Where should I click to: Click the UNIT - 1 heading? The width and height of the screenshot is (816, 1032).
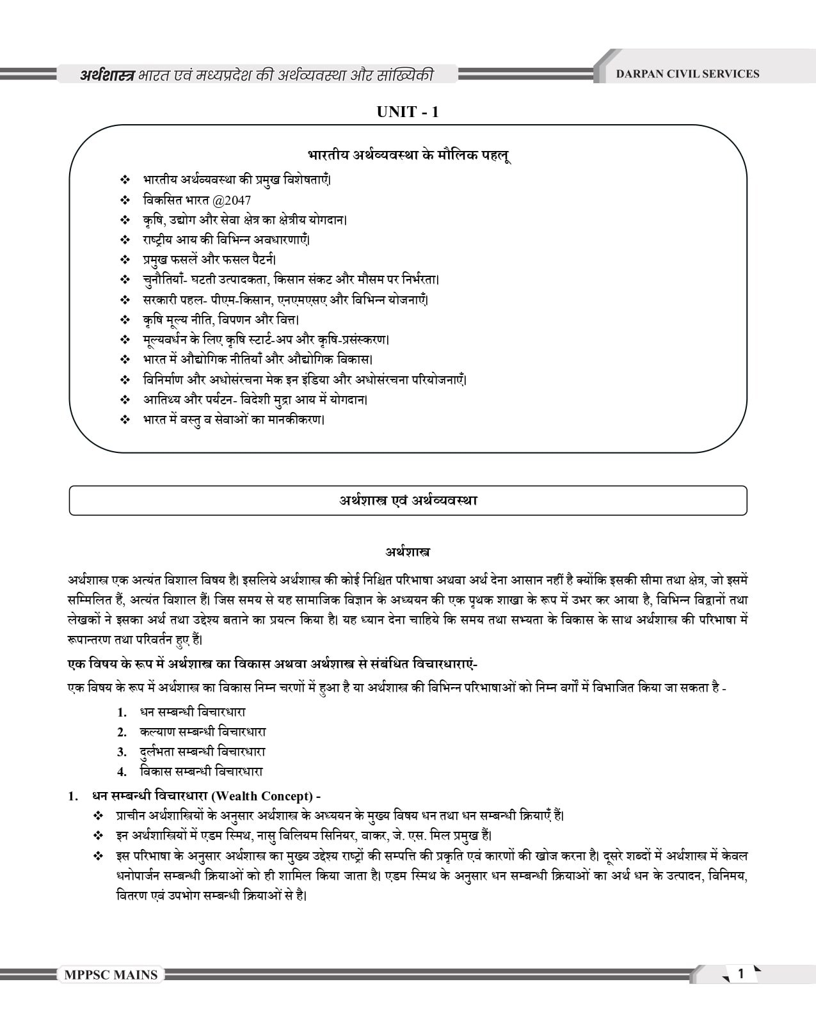(x=408, y=112)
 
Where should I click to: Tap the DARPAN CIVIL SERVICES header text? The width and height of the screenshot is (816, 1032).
(x=687, y=74)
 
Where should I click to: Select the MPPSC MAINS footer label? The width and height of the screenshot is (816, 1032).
(x=111, y=975)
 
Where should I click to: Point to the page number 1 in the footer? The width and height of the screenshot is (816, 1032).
(x=741, y=974)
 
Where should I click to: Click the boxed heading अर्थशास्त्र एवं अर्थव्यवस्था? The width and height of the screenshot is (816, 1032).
(x=408, y=500)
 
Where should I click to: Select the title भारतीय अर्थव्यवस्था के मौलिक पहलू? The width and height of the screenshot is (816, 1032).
(x=408, y=155)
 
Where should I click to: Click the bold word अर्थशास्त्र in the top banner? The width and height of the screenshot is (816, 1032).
(x=107, y=75)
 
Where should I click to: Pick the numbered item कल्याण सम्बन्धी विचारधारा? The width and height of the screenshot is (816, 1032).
(x=202, y=731)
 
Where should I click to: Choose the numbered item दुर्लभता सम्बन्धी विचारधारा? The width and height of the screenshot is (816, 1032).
(x=202, y=751)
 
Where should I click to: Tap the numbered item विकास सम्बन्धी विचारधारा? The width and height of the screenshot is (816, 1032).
(x=201, y=771)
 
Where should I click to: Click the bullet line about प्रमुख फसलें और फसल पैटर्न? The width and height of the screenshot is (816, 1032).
(x=209, y=260)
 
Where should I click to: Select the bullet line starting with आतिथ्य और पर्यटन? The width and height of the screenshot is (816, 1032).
(x=255, y=400)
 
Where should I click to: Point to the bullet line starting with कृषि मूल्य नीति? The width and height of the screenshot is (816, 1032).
(x=221, y=319)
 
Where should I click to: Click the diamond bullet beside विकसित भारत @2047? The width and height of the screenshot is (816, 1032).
(x=125, y=200)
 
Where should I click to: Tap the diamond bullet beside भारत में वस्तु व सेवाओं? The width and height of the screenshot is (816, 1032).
(x=125, y=420)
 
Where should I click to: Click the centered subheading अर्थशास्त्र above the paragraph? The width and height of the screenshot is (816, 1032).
(x=407, y=551)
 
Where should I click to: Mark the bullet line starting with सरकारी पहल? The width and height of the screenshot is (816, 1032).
(x=285, y=299)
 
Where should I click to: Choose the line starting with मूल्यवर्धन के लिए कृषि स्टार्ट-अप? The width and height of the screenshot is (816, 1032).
(x=266, y=340)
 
